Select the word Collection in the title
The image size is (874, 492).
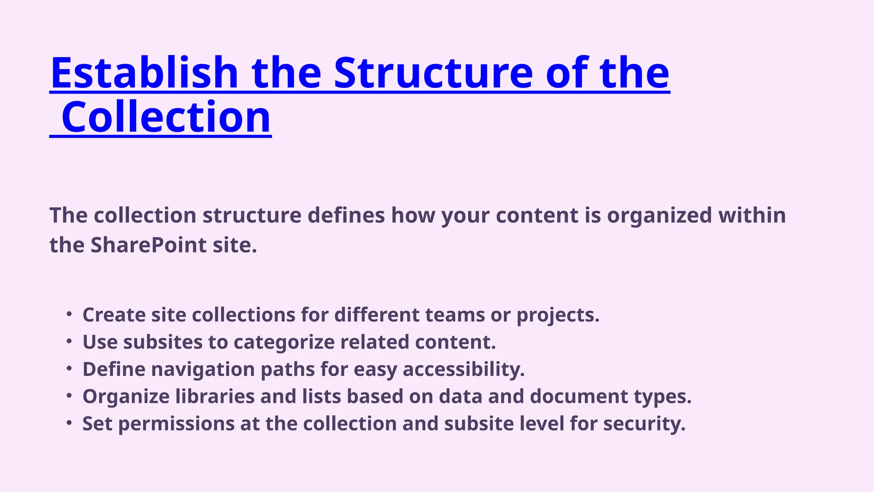click(x=166, y=117)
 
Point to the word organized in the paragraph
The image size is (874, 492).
click(x=659, y=215)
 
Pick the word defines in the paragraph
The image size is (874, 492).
click(x=346, y=215)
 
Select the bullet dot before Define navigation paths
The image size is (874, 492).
click(x=69, y=369)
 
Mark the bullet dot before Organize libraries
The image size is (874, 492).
click(x=69, y=396)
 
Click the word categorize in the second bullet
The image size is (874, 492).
click(x=284, y=343)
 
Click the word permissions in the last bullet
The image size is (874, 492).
click(x=176, y=424)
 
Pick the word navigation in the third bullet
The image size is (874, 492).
click(x=203, y=370)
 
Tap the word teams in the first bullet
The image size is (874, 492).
click(x=454, y=315)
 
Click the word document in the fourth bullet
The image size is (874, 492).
click(x=579, y=397)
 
